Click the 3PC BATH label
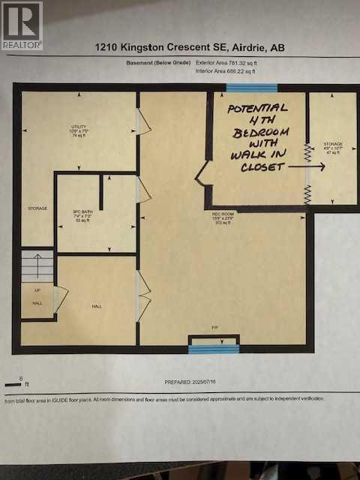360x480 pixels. click(x=81, y=213)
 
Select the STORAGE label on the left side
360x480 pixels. click(x=37, y=208)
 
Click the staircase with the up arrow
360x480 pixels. click(x=36, y=265)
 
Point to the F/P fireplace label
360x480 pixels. click(x=214, y=327)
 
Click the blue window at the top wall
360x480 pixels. click(x=252, y=88)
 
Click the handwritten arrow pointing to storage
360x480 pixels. click(x=307, y=166)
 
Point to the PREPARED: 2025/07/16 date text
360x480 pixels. click(x=193, y=382)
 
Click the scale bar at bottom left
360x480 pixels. click(x=13, y=384)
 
